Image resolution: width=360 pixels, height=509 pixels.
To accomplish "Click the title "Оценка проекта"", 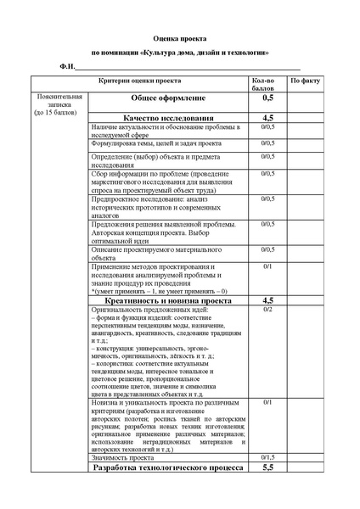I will [179, 39].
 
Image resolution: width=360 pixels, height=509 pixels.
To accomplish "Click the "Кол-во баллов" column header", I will [267, 83].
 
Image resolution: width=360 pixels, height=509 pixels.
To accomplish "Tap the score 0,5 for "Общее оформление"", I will [267, 99].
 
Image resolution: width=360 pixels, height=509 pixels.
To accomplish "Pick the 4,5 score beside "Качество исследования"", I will [267, 117].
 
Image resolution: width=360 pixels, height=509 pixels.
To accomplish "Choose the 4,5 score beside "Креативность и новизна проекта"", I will [267, 300].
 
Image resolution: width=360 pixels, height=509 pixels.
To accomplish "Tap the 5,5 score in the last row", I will [267, 467].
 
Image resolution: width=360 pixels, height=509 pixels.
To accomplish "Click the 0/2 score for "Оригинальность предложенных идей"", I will [267, 310].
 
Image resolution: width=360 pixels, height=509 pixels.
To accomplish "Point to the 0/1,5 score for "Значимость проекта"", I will [267, 456].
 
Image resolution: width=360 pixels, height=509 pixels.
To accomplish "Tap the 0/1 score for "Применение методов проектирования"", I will [267, 267].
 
